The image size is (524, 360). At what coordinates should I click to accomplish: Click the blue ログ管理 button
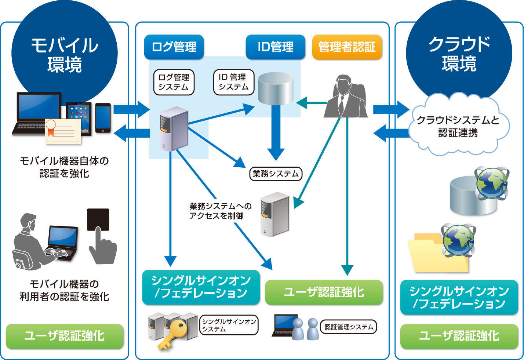point(174,47)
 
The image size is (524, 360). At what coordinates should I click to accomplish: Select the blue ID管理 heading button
point(275,47)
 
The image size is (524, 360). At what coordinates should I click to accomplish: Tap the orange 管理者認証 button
point(347,47)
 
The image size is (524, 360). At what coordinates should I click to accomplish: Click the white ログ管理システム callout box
point(174,82)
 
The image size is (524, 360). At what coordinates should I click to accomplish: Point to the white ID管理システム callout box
point(233,82)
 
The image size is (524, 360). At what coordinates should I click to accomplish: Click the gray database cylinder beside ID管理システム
point(276,89)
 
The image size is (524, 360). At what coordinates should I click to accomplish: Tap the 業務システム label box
point(276,174)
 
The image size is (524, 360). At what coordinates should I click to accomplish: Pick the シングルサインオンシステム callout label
point(229,325)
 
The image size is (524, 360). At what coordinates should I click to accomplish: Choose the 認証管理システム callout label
point(349,327)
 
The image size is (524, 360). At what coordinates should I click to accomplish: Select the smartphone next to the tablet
point(103,117)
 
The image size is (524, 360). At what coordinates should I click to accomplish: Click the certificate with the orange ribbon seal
point(63,131)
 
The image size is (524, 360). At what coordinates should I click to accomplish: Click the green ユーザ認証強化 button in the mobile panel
point(65,336)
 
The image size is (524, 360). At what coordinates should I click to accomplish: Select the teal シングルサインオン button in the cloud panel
point(459,297)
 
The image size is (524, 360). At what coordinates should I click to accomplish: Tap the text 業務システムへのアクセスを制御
point(220,211)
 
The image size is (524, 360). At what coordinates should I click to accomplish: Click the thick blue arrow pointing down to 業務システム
point(276,132)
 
